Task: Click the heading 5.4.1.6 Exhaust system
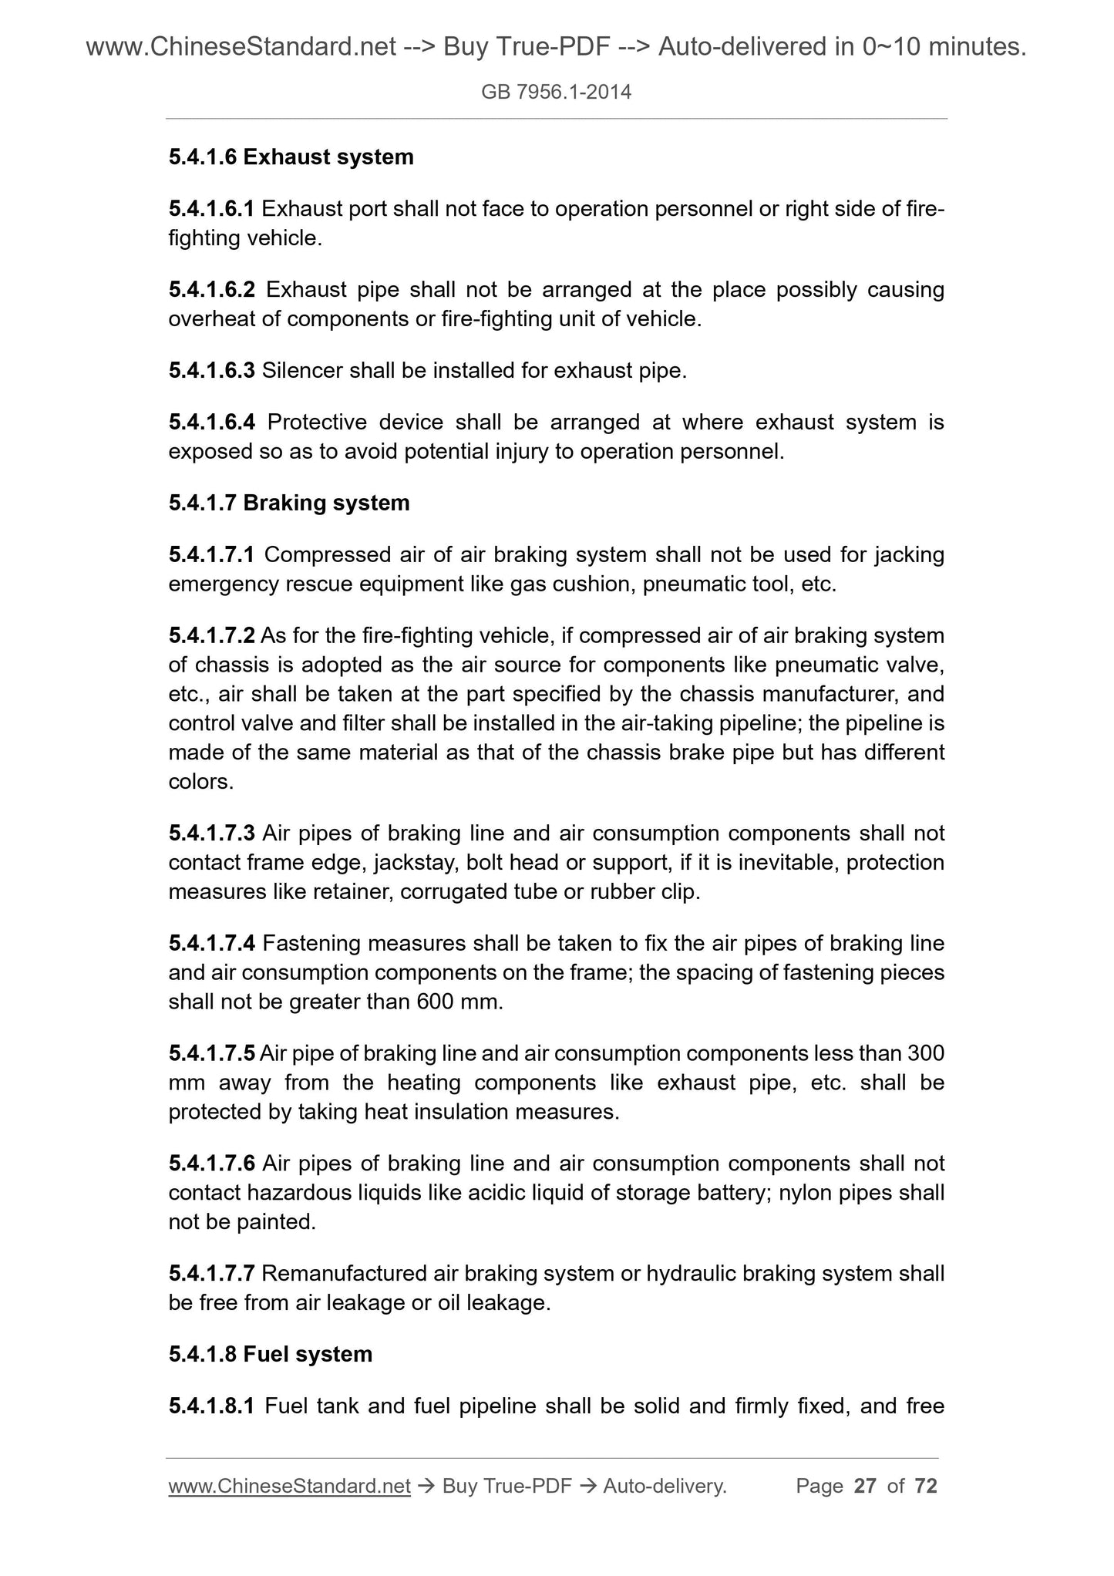[x=291, y=157]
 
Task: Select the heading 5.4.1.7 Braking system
[x=288, y=503]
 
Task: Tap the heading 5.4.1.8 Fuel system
[x=270, y=1355]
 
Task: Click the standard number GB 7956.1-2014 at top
[x=556, y=93]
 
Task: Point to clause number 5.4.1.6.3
[x=211, y=372]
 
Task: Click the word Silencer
[x=302, y=372]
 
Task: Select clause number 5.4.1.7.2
[x=211, y=636]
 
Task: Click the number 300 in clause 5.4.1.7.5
[x=926, y=1054]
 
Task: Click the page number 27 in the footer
[x=865, y=1487]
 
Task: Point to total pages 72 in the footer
[x=925, y=1487]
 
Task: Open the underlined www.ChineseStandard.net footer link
[x=289, y=1487]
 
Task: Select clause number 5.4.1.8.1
[x=211, y=1407]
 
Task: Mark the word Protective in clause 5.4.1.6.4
[x=322, y=423]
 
